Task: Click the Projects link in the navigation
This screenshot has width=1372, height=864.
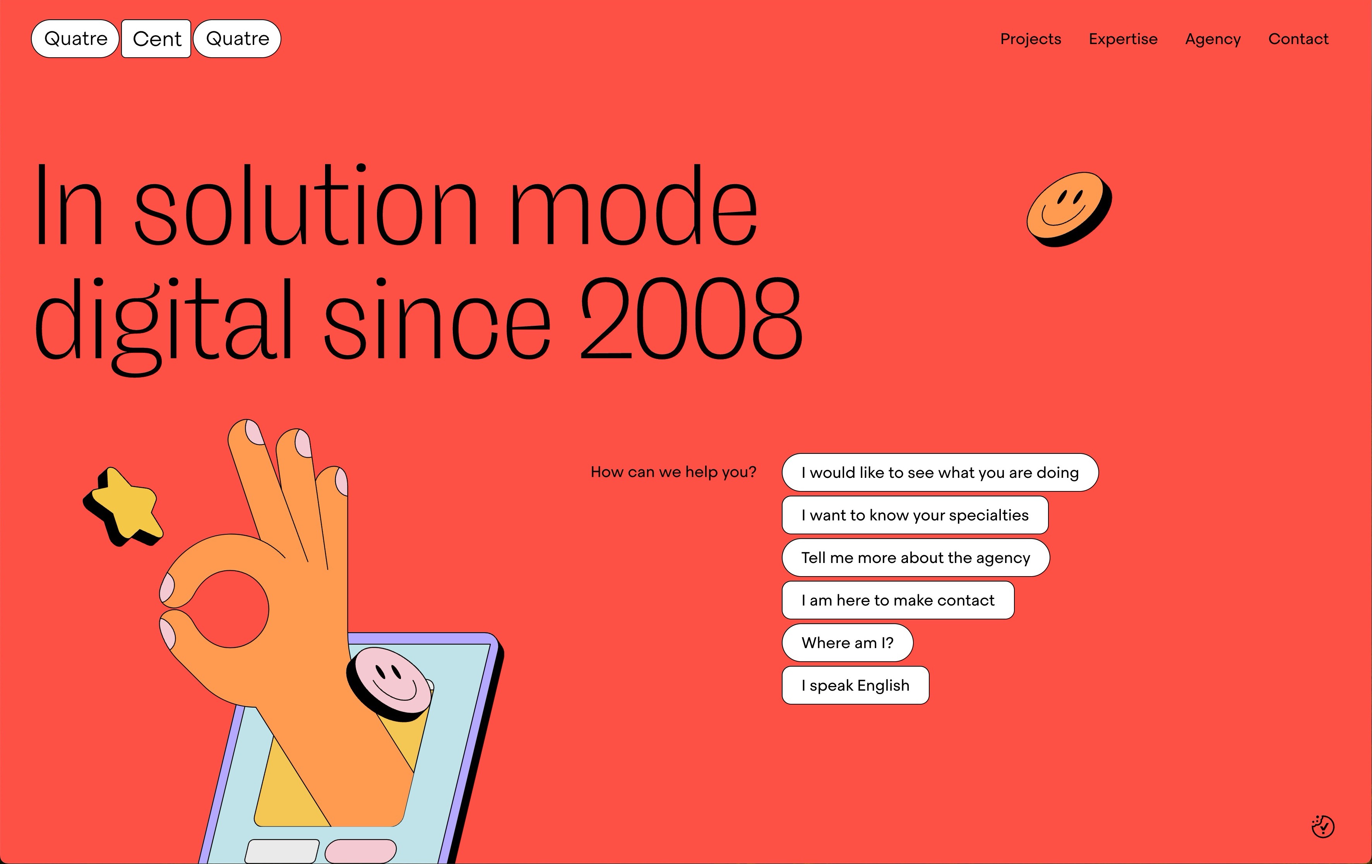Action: click(x=1031, y=39)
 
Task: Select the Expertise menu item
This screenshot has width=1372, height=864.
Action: click(x=1123, y=39)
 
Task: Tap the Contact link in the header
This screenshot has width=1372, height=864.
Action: click(x=1298, y=39)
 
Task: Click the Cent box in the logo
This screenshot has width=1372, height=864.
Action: click(x=156, y=39)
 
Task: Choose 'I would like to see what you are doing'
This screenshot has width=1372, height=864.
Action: click(x=940, y=472)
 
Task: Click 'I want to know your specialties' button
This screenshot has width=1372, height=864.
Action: click(x=915, y=515)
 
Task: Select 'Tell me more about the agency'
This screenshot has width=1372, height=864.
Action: click(x=916, y=558)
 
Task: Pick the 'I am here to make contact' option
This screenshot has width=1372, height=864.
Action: click(x=898, y=600)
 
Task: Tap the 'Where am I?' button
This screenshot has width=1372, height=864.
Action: click(x=847, y=642)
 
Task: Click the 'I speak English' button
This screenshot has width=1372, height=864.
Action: click(x=855, y=685)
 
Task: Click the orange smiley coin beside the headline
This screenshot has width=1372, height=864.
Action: click(x=1069, y=210)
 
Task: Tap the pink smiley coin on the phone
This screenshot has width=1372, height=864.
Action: click(x=390, y=683)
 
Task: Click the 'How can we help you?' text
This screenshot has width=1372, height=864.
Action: click(x=673, y=472)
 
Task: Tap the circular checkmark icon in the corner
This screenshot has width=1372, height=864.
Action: click(x=1322, y=826)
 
